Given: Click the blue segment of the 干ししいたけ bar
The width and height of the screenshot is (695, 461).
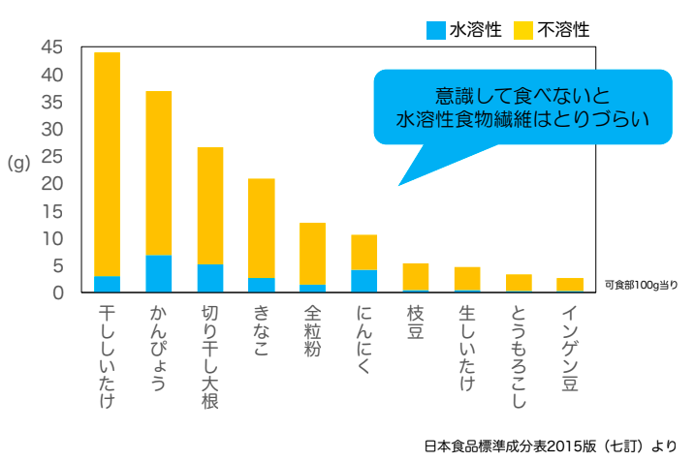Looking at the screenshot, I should pos(107,284).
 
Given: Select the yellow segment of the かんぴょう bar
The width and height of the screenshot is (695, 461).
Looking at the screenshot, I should pos(159,173).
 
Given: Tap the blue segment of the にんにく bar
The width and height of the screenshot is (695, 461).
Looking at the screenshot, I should pos(363,281).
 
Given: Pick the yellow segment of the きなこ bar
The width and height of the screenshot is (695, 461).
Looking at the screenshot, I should pos(262,229).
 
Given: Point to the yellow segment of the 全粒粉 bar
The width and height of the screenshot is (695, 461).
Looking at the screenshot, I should pos(312,254).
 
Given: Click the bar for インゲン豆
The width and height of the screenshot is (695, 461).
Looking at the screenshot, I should pos(570,285).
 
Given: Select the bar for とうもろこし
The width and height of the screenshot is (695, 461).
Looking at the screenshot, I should pos(519,283).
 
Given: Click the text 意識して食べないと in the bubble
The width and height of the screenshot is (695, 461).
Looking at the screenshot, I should pos(522,96).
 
